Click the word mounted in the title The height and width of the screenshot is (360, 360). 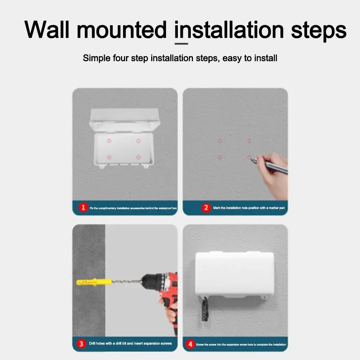point(122,30)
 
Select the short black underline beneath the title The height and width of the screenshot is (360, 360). point(181,44)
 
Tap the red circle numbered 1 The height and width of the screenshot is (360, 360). point(84,208)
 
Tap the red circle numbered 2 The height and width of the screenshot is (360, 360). point(206,208)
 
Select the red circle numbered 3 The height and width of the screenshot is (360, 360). point(82,343)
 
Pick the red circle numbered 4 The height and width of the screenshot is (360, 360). point(190,344)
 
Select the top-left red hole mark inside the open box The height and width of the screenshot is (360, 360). point(110,141)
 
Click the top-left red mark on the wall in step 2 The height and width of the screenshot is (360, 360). point(220,141)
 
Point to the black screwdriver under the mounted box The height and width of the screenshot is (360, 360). point(205,308)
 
